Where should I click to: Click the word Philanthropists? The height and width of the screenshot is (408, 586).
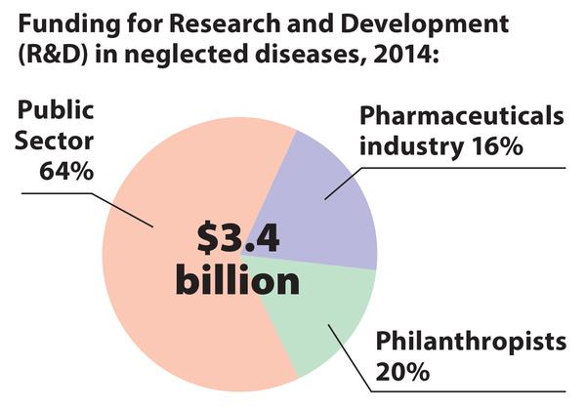coord(471,344)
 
